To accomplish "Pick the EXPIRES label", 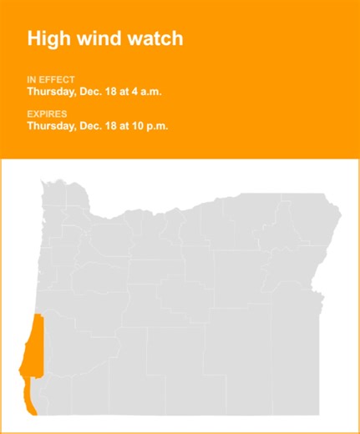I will point(48,114).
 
